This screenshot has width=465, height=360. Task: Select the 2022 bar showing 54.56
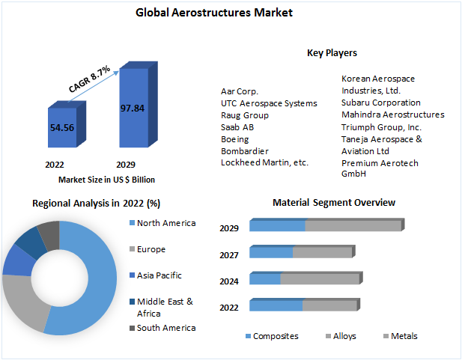(x=61, y=128)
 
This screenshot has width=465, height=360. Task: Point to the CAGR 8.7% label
(x=90, y=79)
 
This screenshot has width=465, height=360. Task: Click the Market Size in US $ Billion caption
(x=106, y=180)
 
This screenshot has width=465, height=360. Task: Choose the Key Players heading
(x=332, y=53)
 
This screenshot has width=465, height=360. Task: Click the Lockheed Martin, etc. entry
(x=264, y=162)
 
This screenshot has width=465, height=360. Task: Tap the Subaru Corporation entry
(x=380, y=103)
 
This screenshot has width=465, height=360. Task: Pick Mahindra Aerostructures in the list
(x=392, y=115)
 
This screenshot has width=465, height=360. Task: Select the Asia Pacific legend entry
(x=159, y=275)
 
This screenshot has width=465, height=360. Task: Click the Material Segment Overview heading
(x=334, y=203)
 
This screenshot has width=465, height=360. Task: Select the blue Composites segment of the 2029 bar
(x=277, y=226)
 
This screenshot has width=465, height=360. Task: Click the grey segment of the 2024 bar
(x=320, y=279)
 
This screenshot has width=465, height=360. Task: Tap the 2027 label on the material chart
(x=229, y=255)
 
